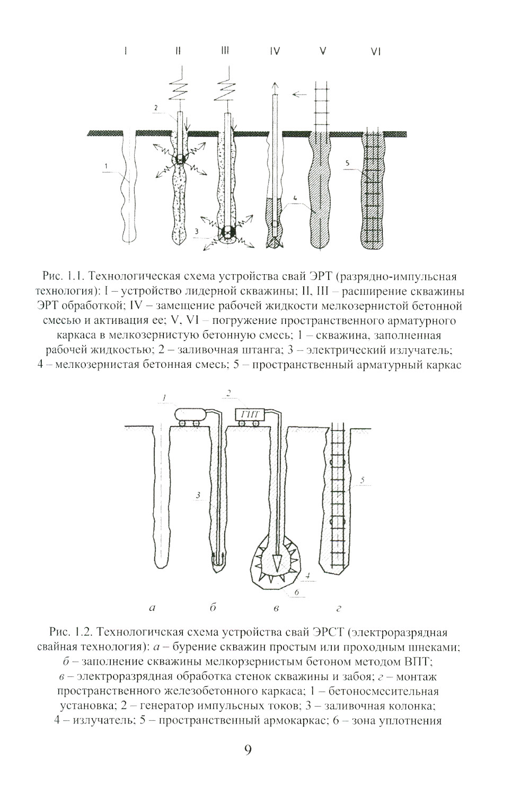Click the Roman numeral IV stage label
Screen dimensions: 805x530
275,51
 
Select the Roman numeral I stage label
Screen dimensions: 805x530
126,51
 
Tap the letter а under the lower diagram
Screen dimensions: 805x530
153,608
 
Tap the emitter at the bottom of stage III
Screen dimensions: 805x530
228,233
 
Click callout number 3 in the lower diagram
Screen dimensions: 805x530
198,495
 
